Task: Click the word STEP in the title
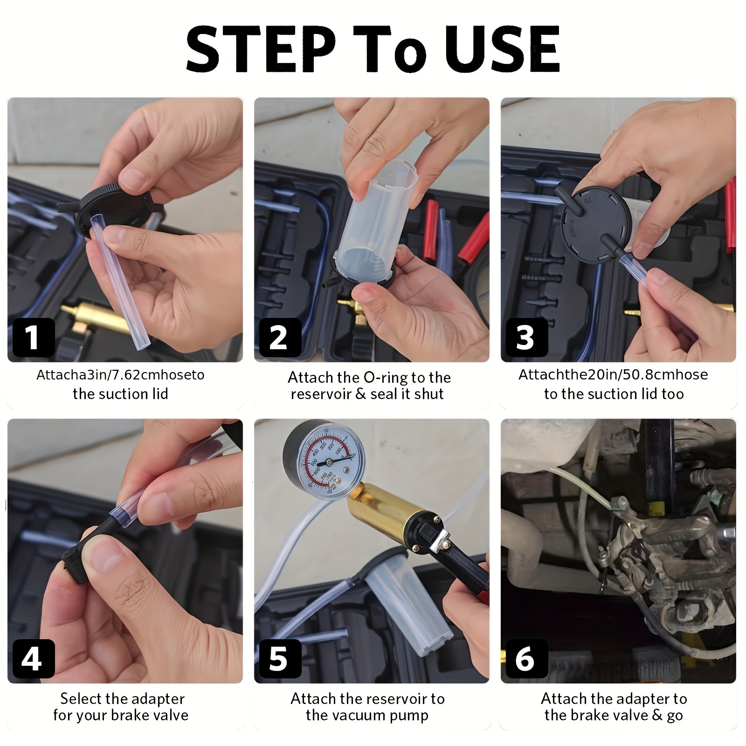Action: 261,49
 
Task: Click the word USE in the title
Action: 503,49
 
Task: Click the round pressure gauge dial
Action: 325,460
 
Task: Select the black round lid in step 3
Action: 597,224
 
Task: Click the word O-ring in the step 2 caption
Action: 389,377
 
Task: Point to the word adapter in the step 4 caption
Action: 158,699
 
